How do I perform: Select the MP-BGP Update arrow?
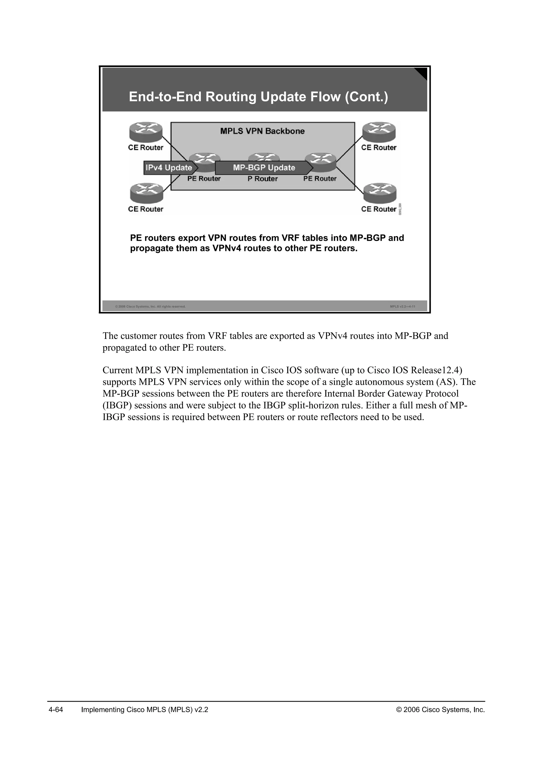point(264,168)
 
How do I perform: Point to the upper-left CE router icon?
point(146,131)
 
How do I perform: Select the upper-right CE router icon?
point(379,131)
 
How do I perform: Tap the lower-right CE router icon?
point(380,193)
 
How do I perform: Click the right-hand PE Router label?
point(320,179)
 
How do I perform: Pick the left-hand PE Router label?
point(204,179)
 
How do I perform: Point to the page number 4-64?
point(56,710)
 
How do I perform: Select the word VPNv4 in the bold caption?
point(227,248)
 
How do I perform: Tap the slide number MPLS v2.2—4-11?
point(402,307)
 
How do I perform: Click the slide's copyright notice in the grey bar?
point(150,307)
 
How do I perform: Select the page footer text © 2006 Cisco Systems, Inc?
point(440,710)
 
